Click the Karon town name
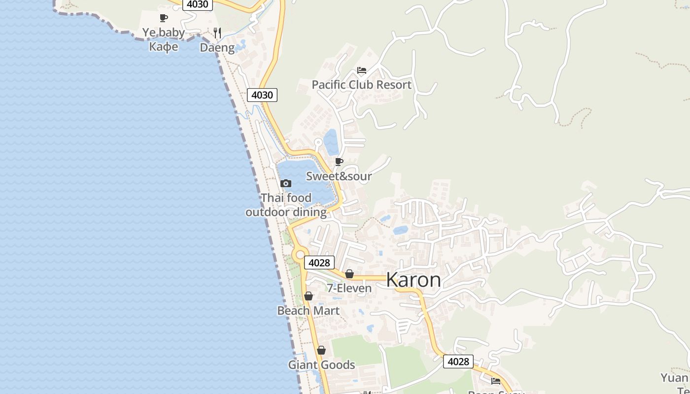coord(414,280)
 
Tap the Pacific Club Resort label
coord(361,85)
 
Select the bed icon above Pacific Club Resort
coord(362,70)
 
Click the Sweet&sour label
coord(339,176)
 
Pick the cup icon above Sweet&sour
coord(339,162)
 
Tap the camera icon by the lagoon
coord(285,183)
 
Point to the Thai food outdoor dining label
coord(286,205)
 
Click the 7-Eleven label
coord(349,288)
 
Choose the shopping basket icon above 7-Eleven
coord(349,274)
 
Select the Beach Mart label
coord(308,311)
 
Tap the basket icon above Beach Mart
coord(309,296)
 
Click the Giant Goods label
coord(321,365)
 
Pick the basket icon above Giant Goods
coord(321,350)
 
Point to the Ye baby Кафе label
coord(164,39)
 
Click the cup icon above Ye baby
coord(164,18)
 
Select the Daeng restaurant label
coord(217,47)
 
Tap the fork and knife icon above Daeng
coord(217,33)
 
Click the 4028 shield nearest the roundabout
coord(319,262)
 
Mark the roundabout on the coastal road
coord(300,255)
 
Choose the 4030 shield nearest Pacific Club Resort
coord(262,95)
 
